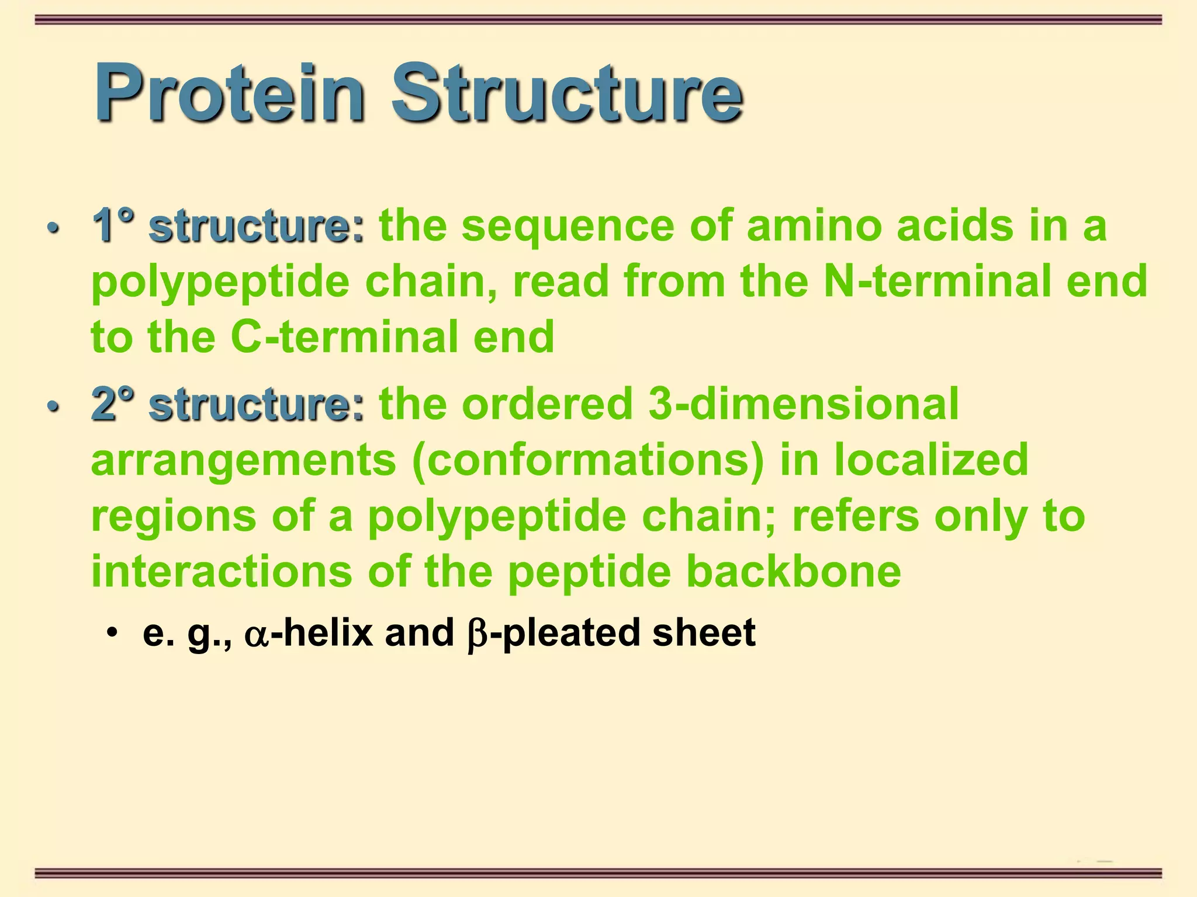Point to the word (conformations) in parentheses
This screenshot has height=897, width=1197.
(588, 460)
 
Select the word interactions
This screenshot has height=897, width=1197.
(222, 572)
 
